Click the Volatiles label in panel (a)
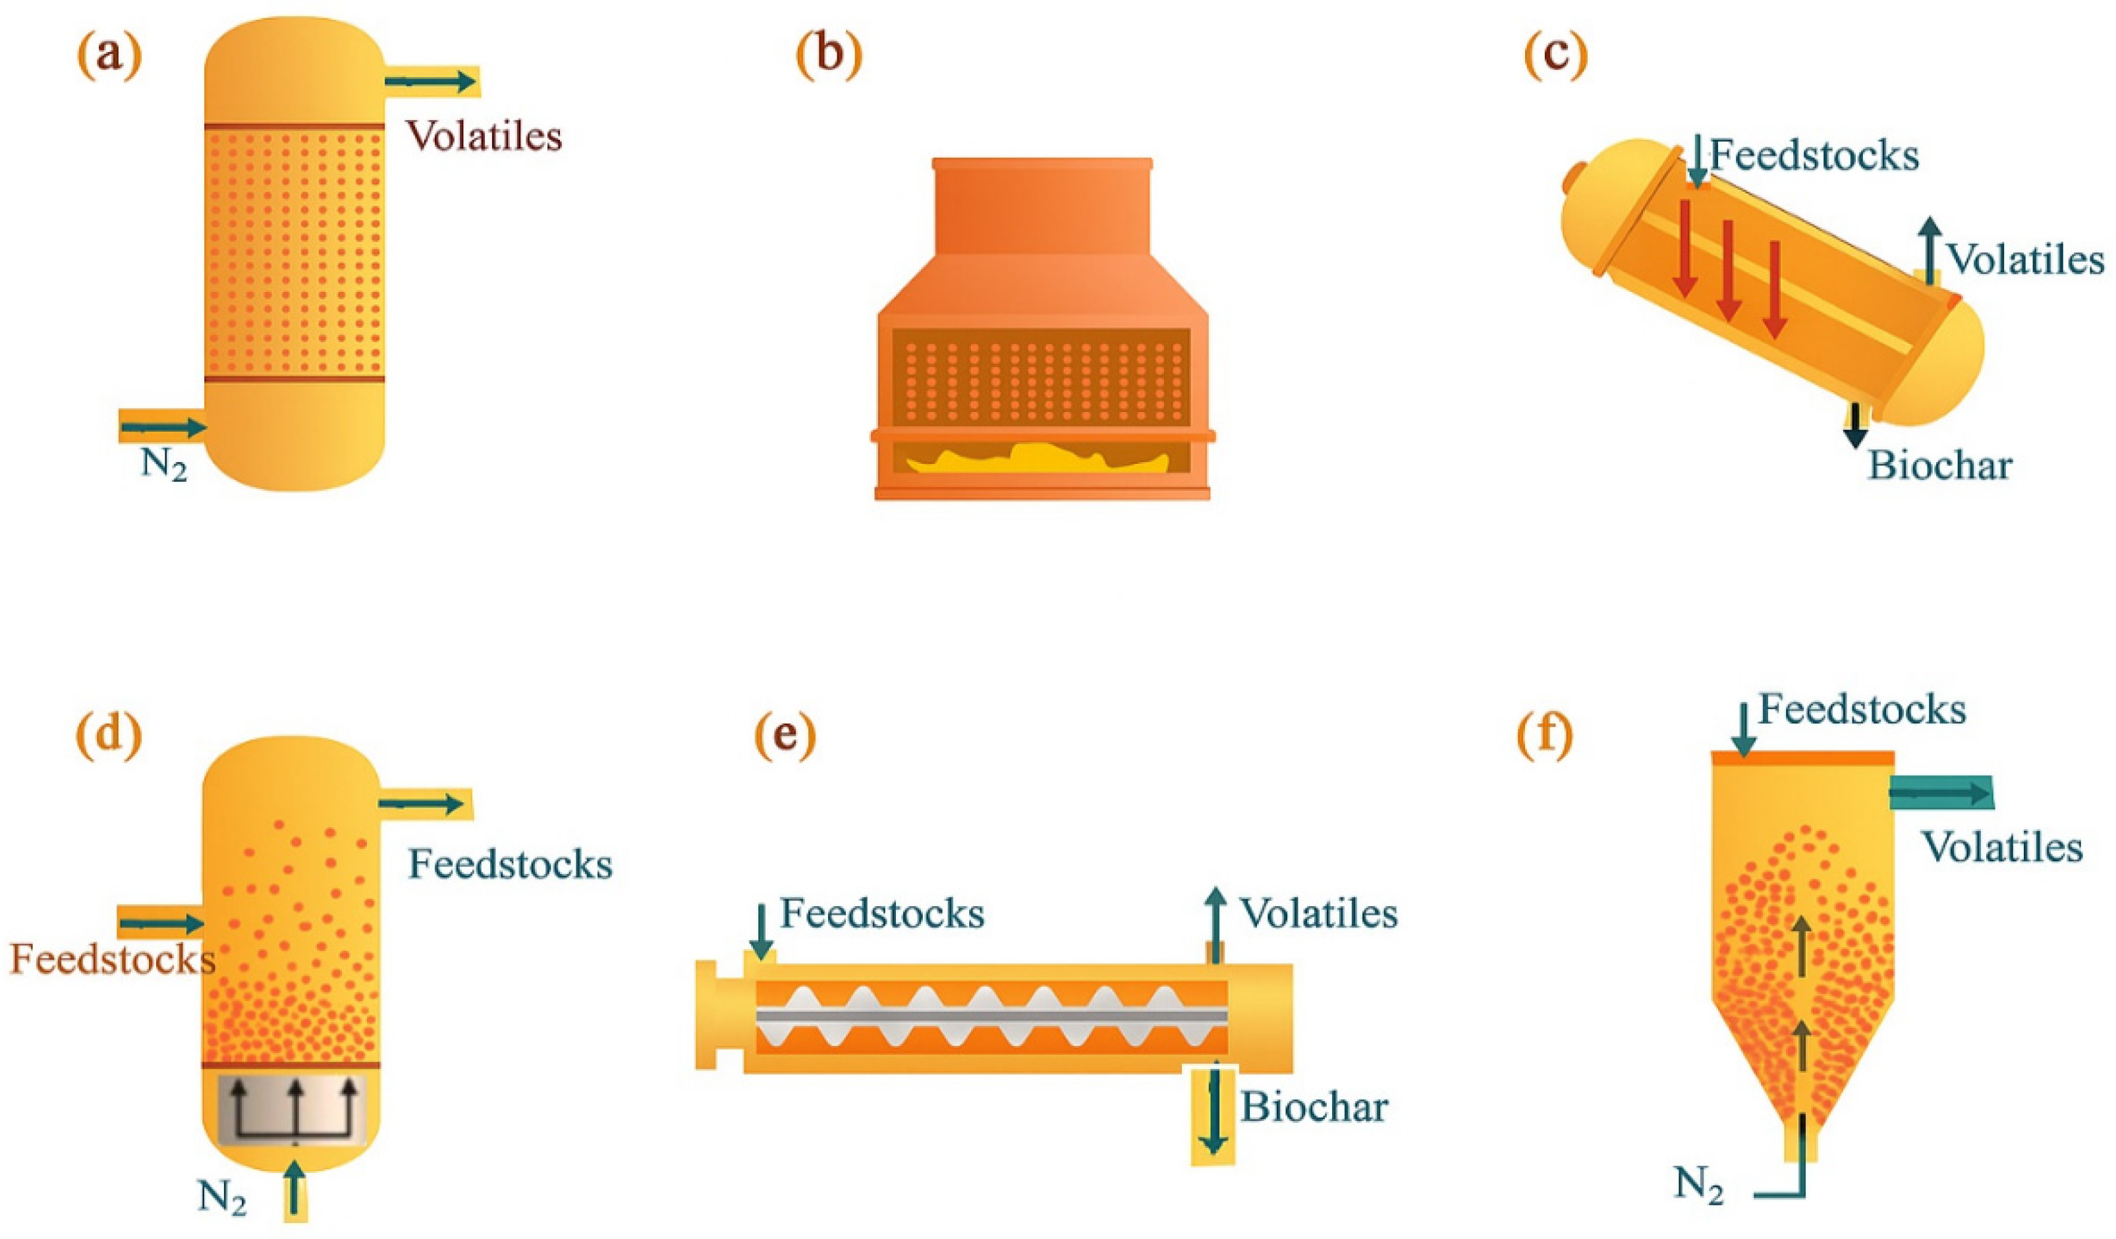pos(484,135)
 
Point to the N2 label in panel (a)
pos(164,465)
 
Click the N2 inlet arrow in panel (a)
pos(164,428)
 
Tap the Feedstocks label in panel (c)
pos(1814,156)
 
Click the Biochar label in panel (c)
pos(1939,465)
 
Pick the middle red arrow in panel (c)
pos(1728,269)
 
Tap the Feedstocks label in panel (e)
pos(881,913)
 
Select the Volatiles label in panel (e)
pos(1319,913)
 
